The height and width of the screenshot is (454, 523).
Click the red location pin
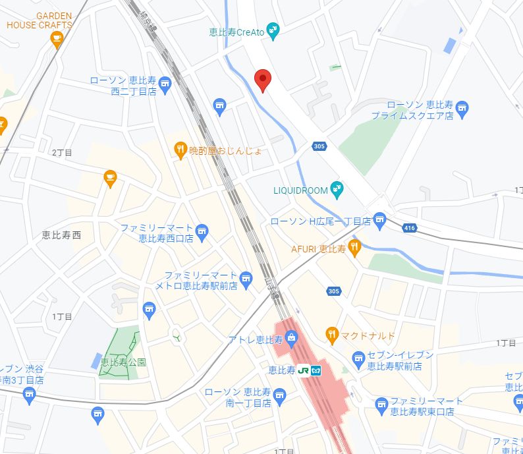(x=263, y=79)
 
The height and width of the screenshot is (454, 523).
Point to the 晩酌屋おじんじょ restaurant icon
(x=180, y=150)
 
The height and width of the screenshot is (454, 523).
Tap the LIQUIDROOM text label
(x=300, y=190)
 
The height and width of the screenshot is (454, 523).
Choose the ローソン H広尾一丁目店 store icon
(x=379, y=220)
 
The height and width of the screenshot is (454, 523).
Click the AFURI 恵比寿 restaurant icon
(x=354, y=248)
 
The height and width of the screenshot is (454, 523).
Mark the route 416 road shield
(x=410, y=228)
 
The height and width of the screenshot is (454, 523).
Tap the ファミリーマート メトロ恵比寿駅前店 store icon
(x=246, y=279)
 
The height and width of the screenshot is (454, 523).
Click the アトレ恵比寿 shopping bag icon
(x=292, y=339)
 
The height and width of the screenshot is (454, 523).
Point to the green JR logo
(x=304, y=370)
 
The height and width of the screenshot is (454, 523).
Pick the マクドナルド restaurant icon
(x=332, y=335)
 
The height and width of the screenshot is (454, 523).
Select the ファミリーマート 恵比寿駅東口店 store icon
(x=381, y=404)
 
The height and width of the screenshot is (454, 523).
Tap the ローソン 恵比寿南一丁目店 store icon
(x=280, y=395)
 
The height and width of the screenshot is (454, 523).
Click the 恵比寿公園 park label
(x=123, y=362)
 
